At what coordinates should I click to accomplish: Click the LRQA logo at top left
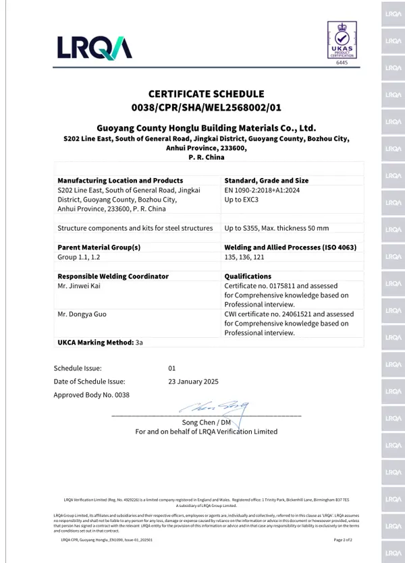pyautogui.click(x=94, y=47)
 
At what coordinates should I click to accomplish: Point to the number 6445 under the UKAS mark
pyautogui.click(x=341, y=63)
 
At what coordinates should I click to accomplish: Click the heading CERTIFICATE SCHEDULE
pyautogui.click(x=206, y=94)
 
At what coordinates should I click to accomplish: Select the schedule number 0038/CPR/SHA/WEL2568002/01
pyautogui.click(x=206, y=107)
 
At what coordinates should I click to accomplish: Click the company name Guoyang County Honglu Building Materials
pyautogui.click(x=206, y=127)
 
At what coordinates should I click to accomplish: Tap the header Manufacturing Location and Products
pyautogui.click(x=120, y=181)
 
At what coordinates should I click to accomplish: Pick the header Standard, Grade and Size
pyautogui.click(x=266, y=181)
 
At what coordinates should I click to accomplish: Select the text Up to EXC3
pyautogui.click(x=242, y=200)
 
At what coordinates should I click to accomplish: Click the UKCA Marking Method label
pyautogui.click(x=96, y=343)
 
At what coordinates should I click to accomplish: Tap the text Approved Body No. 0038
pyautogui.click(x=91, y=395)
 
